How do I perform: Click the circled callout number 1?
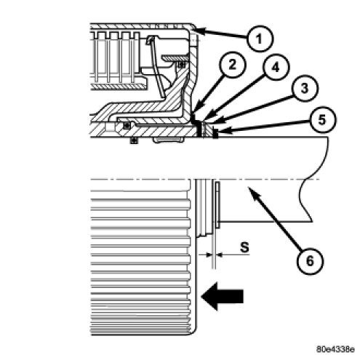pos(260,39)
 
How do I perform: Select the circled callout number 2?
pos(233,65)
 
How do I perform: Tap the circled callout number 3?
pos(305,88)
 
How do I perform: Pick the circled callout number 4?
pos(276,67)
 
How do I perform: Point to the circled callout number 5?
pos(322,120)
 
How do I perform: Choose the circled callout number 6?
pos(311,261)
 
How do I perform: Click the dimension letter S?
pos(244,247)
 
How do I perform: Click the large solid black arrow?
pos(222,296)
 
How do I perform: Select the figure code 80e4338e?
pos(336,349)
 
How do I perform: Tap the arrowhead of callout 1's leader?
pos(199,31)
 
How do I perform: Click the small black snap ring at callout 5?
pos(215,134)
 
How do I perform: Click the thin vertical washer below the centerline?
pos(217,205)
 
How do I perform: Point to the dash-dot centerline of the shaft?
pos(205,180)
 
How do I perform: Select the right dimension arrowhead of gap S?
pos(219,255)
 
